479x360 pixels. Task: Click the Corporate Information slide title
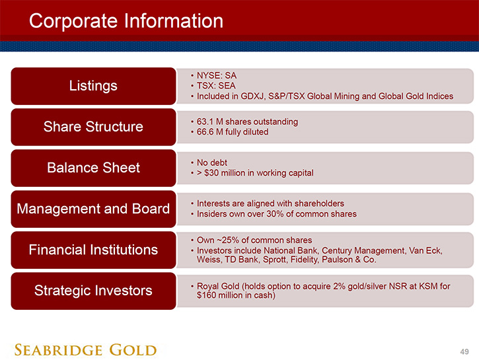coord(126,21)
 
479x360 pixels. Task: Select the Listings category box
coord(93,86)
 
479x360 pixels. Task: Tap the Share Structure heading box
coord(93,127)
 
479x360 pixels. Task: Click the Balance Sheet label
coord(93,168)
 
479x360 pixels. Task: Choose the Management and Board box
coord(93,209)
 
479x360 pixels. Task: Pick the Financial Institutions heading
coord(93,250)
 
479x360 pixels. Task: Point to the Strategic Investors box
coord(93,291)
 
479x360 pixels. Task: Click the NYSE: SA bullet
coord(217,75)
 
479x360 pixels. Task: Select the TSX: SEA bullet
coord(216,86)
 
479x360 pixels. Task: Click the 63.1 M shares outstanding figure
coord(247,122)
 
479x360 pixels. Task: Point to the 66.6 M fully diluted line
coord(233,132)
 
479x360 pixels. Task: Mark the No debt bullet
coord(212,162)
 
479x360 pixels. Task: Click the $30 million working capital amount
coord(225,173)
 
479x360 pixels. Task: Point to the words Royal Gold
coord(218,287)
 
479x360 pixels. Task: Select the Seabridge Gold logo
coord(85,350)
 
